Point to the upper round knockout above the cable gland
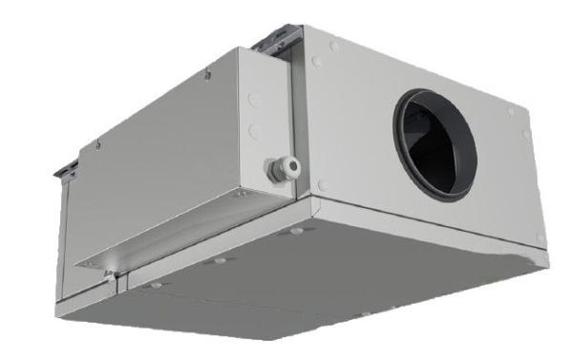253,96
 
